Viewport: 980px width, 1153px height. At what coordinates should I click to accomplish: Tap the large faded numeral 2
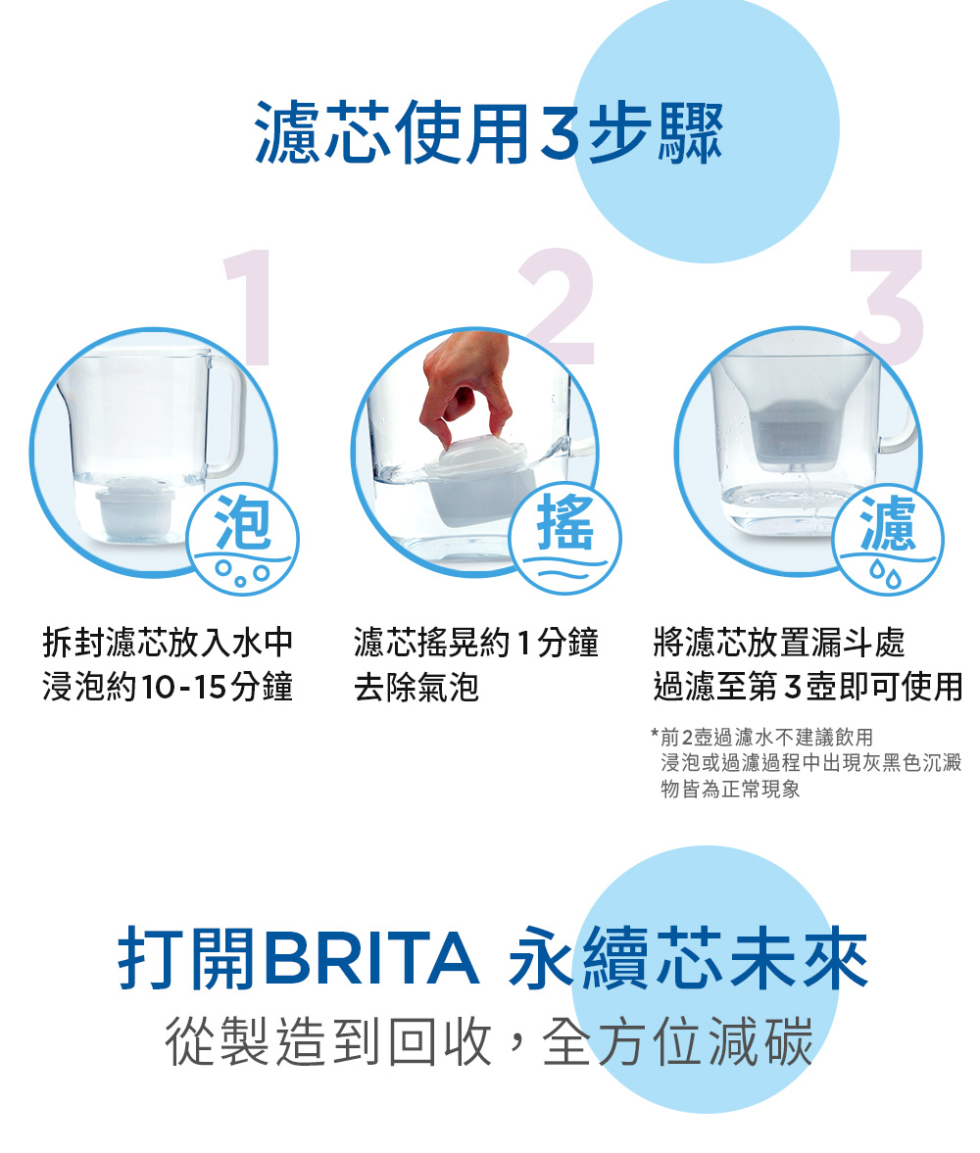(558, 307)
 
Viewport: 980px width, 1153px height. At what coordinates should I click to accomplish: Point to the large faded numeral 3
(888, 307)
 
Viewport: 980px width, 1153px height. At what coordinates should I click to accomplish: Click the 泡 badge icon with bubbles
(242, 540)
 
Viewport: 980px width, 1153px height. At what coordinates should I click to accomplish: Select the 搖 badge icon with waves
(565, 538)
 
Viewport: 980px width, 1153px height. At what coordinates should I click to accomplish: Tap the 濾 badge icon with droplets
(888, 540)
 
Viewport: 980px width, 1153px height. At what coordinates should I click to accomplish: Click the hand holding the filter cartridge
(465, 386)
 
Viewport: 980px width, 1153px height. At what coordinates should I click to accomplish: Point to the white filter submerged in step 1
(135, 508)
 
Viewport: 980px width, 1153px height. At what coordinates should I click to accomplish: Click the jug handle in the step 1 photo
(225, 415)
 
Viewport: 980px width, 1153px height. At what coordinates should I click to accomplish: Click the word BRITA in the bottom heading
(370, 958)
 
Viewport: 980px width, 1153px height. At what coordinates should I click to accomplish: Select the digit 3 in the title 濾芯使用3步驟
(560, 132)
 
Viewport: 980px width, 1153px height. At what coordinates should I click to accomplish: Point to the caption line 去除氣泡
(416, 688)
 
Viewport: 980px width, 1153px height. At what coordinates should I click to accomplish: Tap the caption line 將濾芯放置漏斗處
(779, 643)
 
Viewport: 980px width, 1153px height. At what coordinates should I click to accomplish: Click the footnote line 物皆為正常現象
(730, 789)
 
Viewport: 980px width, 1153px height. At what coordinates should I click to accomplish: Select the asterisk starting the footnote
(654, 734)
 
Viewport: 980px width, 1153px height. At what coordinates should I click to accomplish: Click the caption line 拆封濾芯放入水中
(168, 643)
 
